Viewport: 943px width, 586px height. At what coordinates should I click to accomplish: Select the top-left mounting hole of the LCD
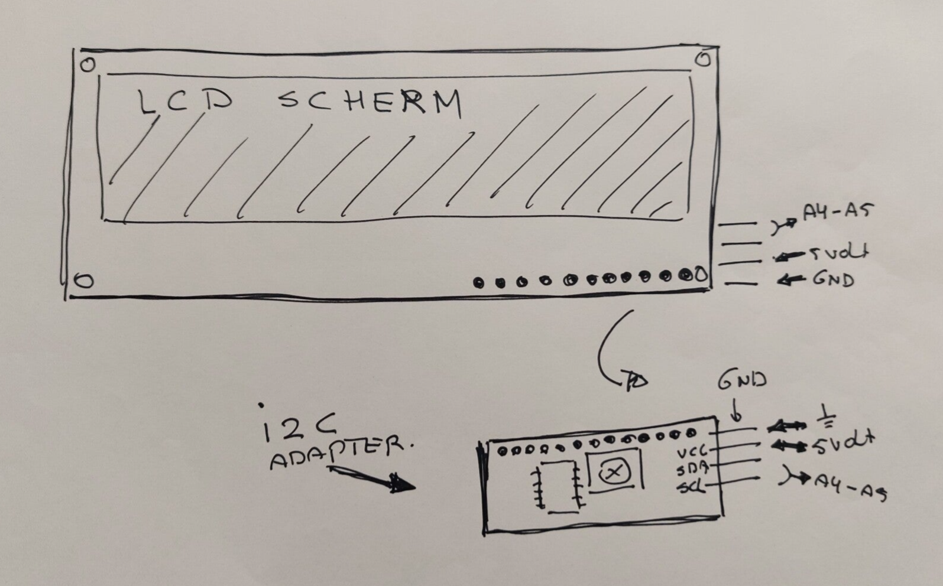click(x=88, y=64)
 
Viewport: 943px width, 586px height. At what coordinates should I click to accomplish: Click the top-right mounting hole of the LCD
click(x=703, y=60)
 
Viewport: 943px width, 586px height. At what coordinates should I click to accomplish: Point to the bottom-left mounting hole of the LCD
click(x=84, y=281)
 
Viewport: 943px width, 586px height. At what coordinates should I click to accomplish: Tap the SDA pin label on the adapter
click(x=692, y=470)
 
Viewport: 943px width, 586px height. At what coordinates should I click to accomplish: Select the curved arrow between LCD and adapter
click(x=612, y=354)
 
